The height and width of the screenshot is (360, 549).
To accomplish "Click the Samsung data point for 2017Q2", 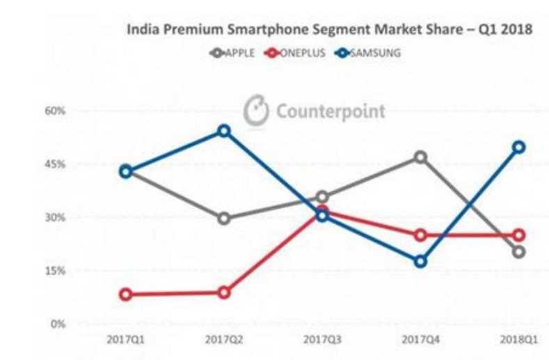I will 223,131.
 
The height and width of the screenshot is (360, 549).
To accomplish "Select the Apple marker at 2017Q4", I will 420,157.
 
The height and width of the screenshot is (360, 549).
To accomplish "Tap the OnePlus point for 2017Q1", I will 126,295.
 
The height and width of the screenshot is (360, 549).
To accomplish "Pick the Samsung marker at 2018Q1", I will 518,147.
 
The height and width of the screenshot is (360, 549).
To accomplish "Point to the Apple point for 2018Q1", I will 518,251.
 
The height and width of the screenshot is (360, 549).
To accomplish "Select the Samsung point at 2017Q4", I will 420,261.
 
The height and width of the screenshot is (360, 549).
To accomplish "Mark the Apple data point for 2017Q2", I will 223,219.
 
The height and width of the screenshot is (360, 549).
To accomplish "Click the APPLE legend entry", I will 232,53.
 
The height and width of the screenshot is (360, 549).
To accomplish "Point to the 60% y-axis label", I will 56,111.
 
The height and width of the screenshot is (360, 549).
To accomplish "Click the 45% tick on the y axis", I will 56,164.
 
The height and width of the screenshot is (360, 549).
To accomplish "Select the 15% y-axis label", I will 56,271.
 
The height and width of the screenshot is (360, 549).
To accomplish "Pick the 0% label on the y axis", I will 58,324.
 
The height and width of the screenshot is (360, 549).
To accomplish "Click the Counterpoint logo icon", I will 255,111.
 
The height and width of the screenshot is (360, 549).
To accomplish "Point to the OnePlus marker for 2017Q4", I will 420,235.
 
